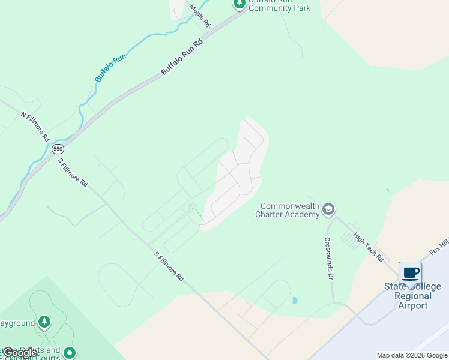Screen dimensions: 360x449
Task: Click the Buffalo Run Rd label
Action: pyautogui.click(x=182, y=58)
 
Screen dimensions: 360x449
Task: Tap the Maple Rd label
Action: pyautogui.click(x=200, y=16)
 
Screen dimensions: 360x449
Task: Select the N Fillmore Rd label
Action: pyautogui.click(x=35, y=126)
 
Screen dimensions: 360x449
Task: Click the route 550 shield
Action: pyautogui.click(x=58, y=148)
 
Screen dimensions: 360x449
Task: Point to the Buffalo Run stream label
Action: pyautogui.click(x=110, y=67)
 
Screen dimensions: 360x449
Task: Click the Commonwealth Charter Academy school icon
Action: pyautogui.click(x=328, y=209)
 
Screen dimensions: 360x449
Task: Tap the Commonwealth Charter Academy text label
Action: pyautogui.click(x=288, y=209)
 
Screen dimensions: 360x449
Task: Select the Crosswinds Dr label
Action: pyautogui.click(x=329, y=259)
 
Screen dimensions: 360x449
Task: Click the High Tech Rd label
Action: pyautogui.click(x=369, y=247)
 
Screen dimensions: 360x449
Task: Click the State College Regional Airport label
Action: pyautogui.click(x=408, y=296)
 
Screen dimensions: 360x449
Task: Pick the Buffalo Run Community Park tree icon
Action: pyautogui.click(x=240, y=4)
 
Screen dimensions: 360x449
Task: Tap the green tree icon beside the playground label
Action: pyautogui.click(x=44, y=323)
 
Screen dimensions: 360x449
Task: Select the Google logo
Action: pyautogui.click(x=20, y=353)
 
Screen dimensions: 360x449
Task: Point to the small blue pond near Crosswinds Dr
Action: pyautogui.click(x=294, y=300)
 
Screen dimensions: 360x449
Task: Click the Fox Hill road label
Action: pyautogui.click(x=439, y=246)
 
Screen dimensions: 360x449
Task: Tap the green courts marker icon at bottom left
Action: pyautogui.click(x=70, y=353)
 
